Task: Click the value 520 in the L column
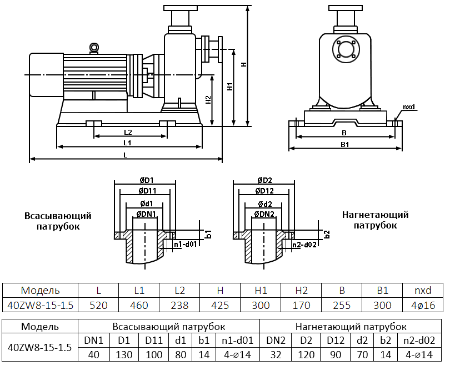coord(98,305)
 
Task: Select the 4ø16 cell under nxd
coord(423,305)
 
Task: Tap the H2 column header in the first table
coord(302,290)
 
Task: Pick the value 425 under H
coord(220,305)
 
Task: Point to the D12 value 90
coord(336,354)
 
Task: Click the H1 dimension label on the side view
coord(229,87)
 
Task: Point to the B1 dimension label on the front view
coord(344,145)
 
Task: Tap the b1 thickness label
coord(209,234)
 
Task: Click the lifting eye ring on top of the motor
coord(94,48)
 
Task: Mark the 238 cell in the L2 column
coord(179,305)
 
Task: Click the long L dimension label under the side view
coord(126,156)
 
